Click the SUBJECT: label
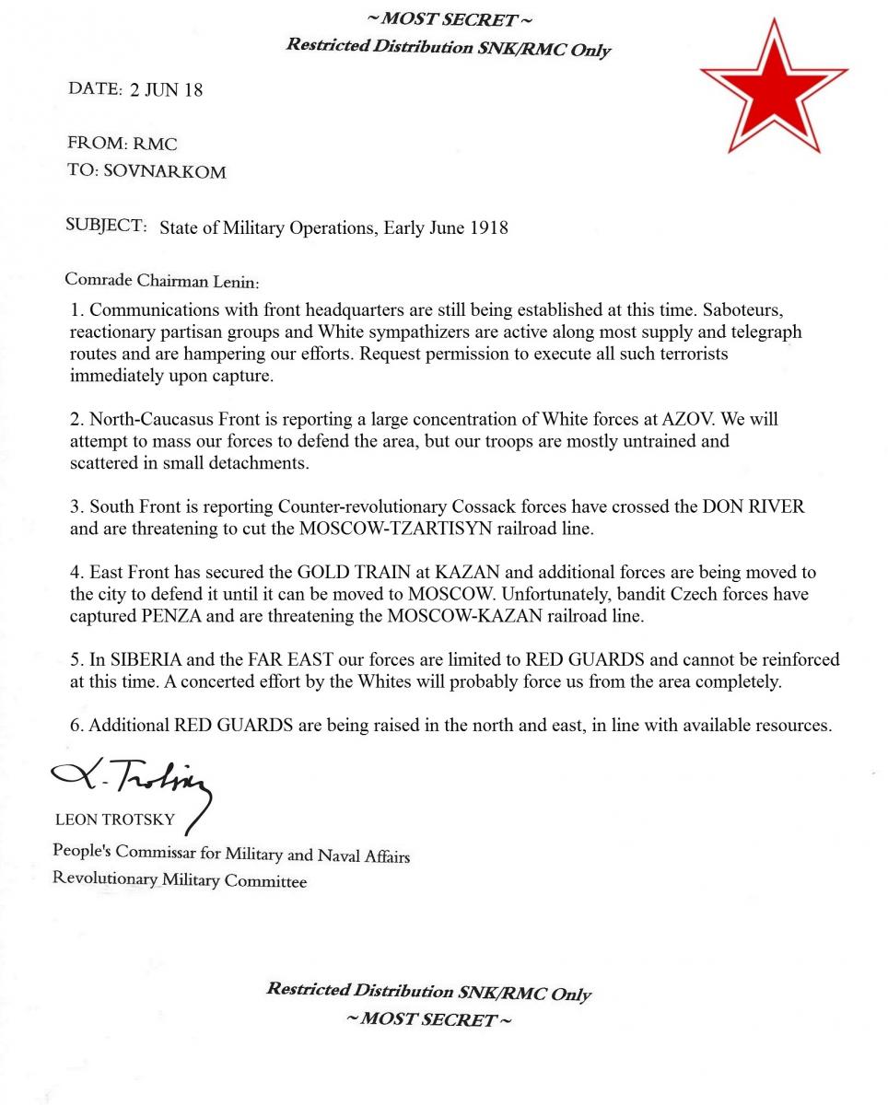pos(106,226)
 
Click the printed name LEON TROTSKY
pos(115,820)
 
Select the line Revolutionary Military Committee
pos(180,880)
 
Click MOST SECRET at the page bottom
pos(427,1019)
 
